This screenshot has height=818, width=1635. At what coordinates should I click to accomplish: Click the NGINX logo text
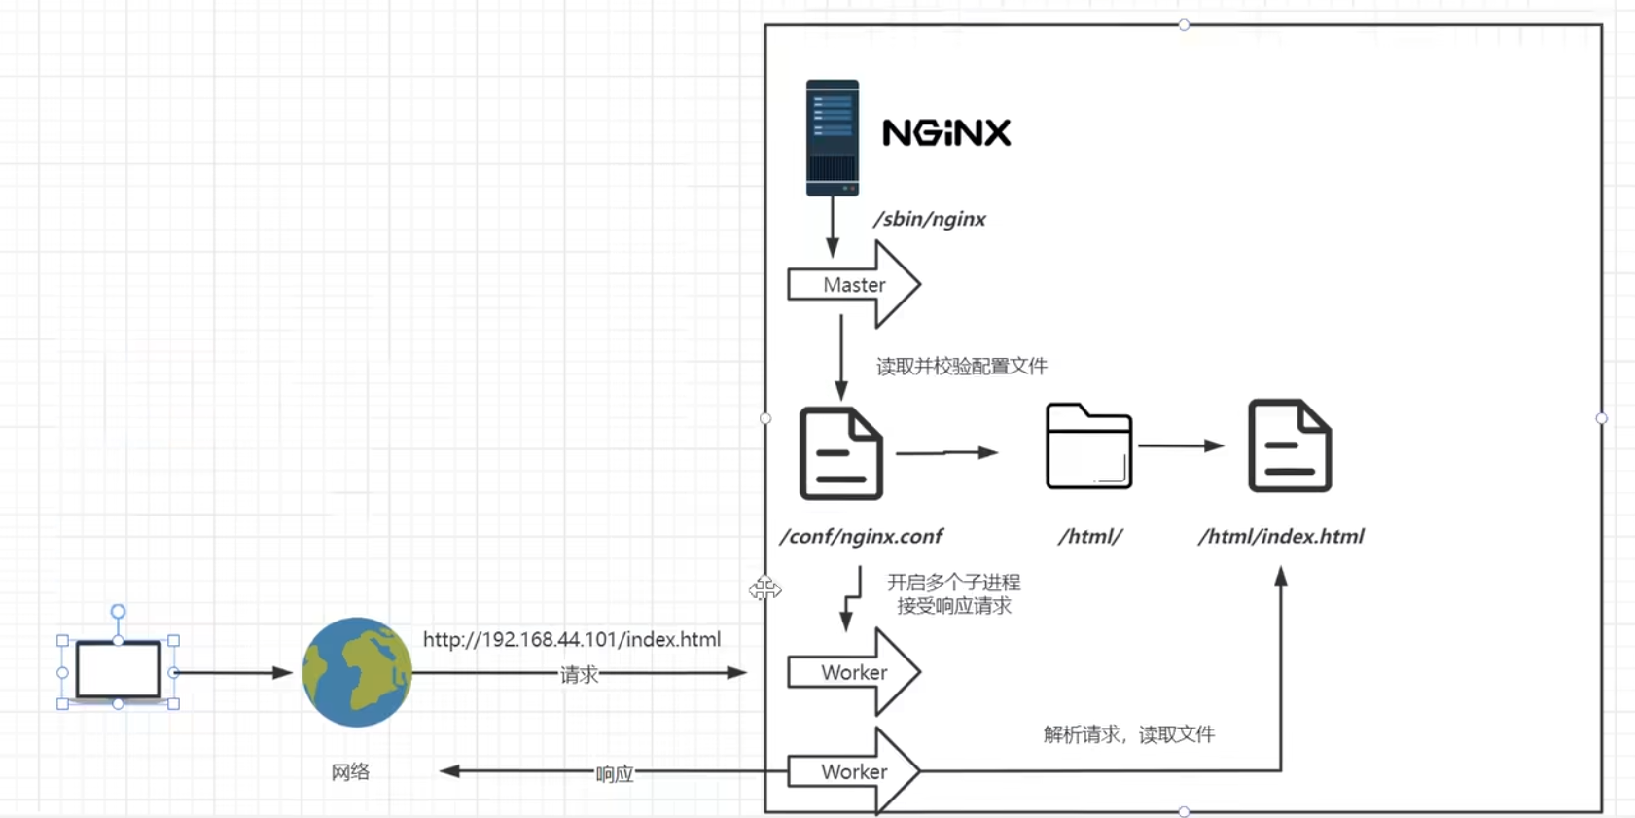[x=945, y=132]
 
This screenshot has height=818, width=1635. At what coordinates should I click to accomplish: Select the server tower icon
[x=833, y=138]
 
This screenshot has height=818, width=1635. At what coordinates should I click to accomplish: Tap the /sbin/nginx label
[x=929, y=219]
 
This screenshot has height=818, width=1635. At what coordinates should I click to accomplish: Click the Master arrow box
[x=853, y=285]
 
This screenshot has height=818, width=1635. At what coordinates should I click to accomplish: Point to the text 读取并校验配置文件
[x=961, y=367]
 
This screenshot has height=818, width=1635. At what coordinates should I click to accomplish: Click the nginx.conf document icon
[x=840, y=453]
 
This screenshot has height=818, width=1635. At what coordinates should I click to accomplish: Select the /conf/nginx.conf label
[x=861, y=536]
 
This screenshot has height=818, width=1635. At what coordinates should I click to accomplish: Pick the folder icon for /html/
[x=1088, y=446]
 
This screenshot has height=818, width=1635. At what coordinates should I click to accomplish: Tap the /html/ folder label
[x=1090, y=536]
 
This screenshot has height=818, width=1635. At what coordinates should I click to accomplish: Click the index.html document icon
[x=1290, y=445]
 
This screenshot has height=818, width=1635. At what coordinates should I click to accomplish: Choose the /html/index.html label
[x=1280, y=536]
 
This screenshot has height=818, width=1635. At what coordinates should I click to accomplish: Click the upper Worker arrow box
[x=853, y=672]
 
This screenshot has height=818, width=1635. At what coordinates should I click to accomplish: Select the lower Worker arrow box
[x=853, y=771]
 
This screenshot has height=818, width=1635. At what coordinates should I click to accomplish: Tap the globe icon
[x=357, y=672]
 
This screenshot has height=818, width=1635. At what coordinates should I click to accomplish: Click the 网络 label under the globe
[x=350, y=772]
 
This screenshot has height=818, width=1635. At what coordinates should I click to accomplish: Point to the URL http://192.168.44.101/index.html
[x=572, y=639]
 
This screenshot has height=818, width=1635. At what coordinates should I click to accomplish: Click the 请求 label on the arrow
[x=579, y=675]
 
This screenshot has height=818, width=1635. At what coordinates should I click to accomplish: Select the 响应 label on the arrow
[x=614, y=774]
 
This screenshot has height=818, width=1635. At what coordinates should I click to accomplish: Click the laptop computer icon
[x=119, y=670]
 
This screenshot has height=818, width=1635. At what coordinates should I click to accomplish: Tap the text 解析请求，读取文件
[x=1128, y=734]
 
